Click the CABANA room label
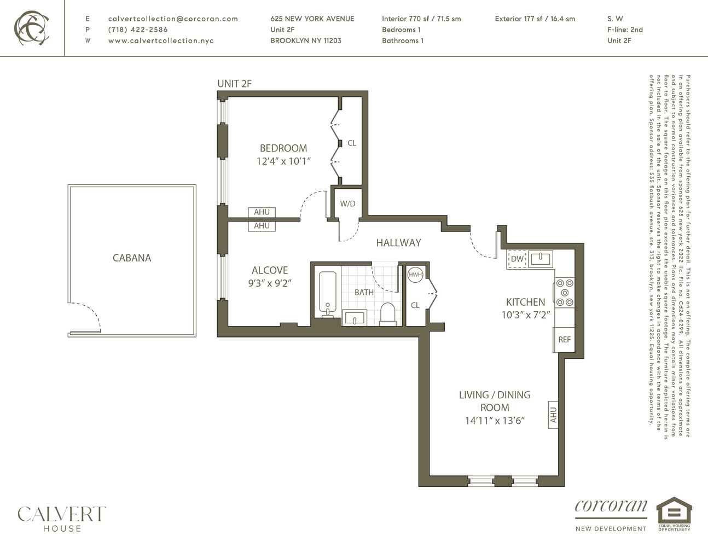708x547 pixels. [x=132, y=258]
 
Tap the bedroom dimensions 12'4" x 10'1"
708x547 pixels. [x=283, y=161]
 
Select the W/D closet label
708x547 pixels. [x=347, y=204]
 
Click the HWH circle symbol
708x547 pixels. [x=415, y=275]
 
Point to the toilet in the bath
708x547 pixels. [x=388, y=314]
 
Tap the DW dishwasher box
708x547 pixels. [x=517, y=259]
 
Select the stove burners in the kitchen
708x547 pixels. [x=565, y=293]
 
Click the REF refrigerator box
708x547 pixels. [x=564, y=340]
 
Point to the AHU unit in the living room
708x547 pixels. [x=553, y=415]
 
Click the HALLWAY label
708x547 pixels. [x=398, y=242]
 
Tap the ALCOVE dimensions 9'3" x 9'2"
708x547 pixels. [x=269, y=283]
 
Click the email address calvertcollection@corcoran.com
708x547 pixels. [x=173, y=19]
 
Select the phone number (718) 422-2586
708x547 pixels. [x=138, y=30]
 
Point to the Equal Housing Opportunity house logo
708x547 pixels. [x=674, y=514]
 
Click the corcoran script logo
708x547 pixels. [x=611, y=507]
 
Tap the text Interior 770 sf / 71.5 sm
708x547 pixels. [x=421, y=19]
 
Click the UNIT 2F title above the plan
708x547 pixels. [x=234, y=84]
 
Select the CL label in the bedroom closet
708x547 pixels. [x=352, y=143]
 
